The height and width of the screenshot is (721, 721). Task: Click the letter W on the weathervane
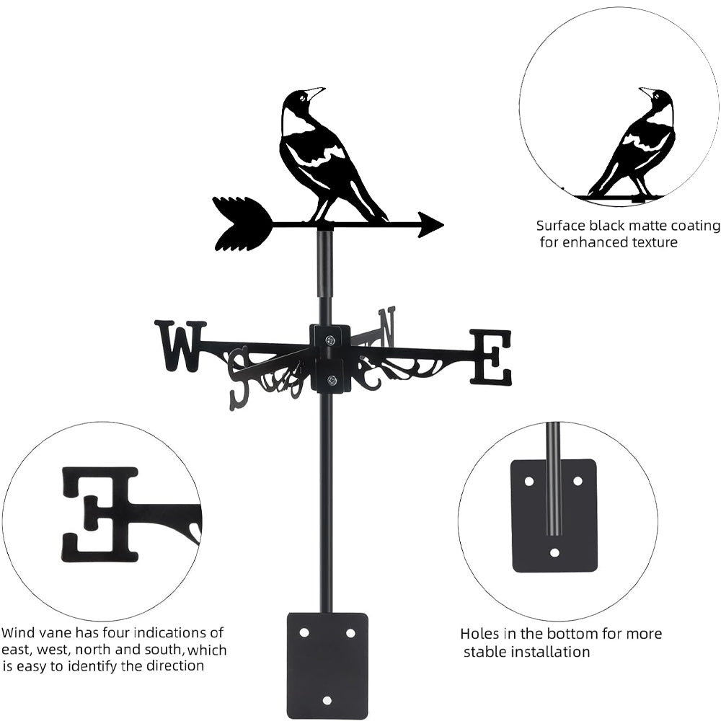(180, 346)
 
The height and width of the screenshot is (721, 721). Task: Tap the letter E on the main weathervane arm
(491, 357)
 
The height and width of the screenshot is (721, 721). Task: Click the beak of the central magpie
(316, 92)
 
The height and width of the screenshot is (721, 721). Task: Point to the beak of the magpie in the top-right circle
(645, 91)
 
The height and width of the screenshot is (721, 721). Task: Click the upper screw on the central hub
(329, 340)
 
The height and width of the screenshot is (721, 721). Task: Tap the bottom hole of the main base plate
(327, 700)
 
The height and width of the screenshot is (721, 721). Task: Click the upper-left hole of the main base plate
(304, 632)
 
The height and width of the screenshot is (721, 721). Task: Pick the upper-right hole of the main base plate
(350, 632)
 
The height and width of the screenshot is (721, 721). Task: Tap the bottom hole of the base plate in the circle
(554, 553)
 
